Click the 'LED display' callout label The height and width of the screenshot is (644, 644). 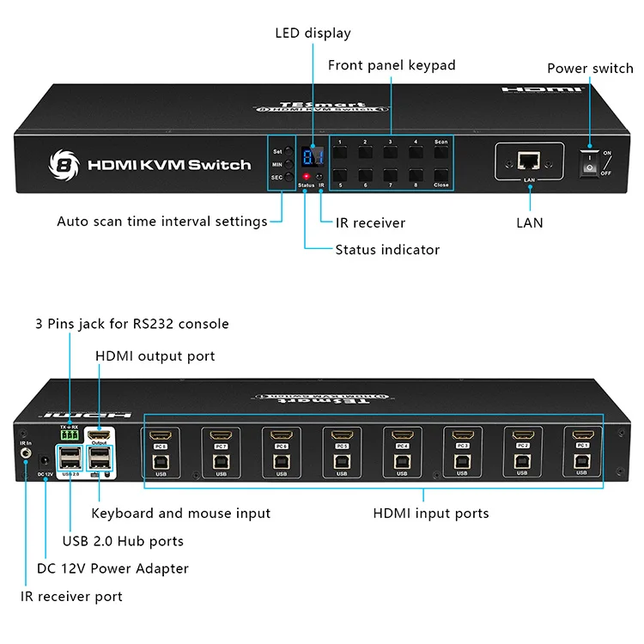click(313, 33)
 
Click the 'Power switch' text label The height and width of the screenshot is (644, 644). click(590, 69)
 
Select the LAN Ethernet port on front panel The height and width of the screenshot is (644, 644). click(529, 161)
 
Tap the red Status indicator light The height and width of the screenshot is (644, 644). click(304, 176)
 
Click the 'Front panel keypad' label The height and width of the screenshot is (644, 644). click(392, 65)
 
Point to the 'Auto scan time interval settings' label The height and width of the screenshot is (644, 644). click(162, 222)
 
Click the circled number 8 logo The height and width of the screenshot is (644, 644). click(61, 164)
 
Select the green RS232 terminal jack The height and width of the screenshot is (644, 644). click(70, 436)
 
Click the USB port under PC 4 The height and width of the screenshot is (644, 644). click(402, 462)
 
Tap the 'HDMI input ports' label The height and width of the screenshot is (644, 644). click(430, 513)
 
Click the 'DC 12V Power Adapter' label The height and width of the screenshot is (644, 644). click(112, 568)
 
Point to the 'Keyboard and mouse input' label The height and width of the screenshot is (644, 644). click(180, 513)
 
